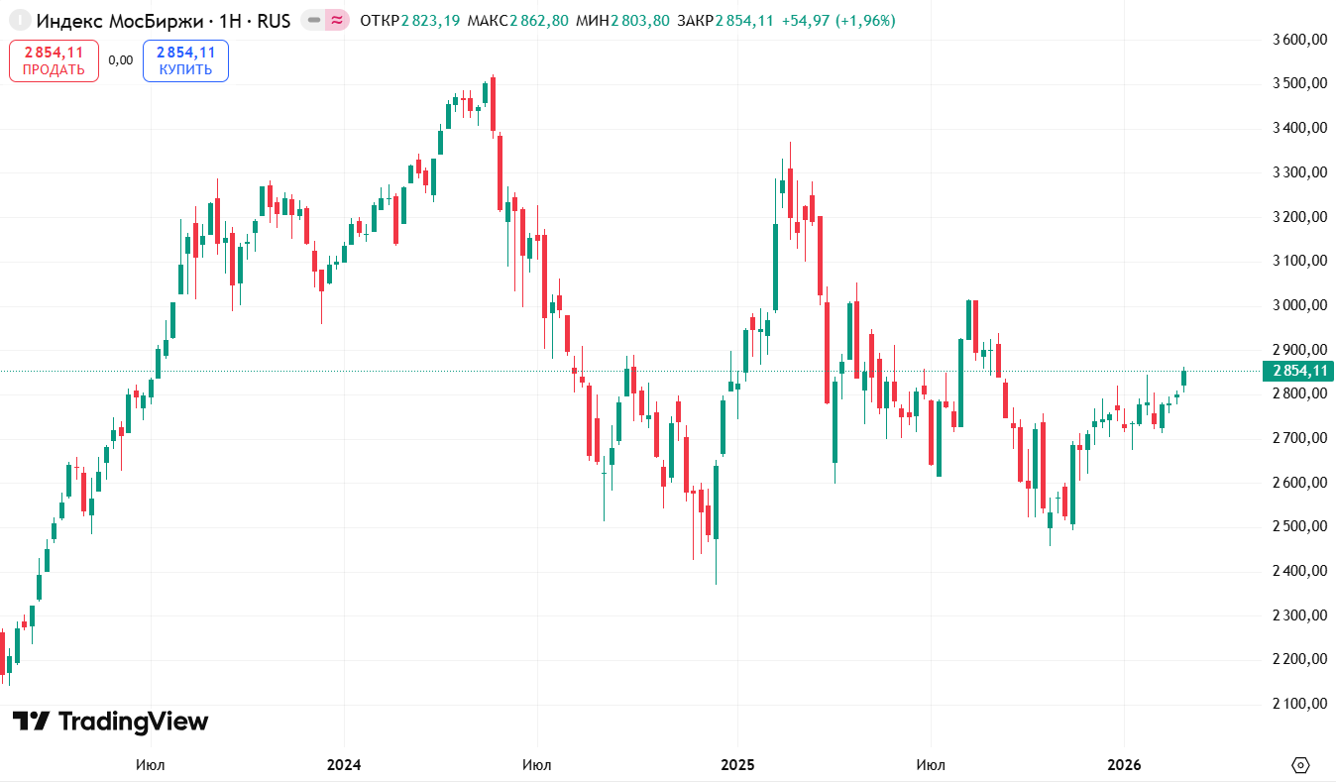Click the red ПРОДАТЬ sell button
54,60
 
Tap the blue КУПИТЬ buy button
185,60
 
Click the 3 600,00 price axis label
1298,40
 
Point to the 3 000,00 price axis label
1298,305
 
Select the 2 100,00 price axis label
1298,704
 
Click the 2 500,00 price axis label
1298,526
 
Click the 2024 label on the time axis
344,765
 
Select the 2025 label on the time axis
737,765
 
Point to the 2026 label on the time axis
1124,765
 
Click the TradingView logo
110,722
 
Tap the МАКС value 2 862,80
539,20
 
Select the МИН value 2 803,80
639,20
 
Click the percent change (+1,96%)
864,20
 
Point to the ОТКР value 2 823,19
430,20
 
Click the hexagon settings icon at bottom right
1301,765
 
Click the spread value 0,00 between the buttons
120,60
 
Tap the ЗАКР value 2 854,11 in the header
744,20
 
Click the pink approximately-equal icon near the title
338,20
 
